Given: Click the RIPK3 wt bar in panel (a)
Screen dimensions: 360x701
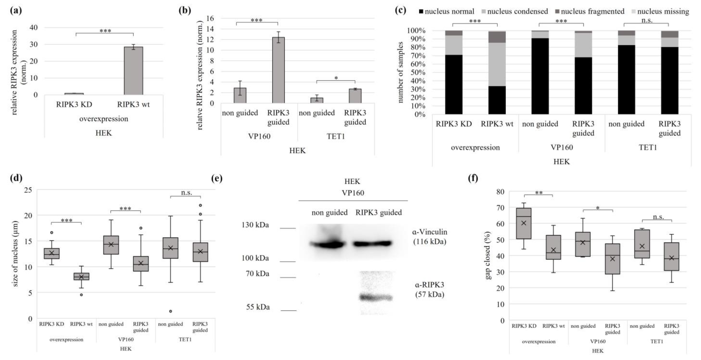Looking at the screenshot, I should tap(133, 71).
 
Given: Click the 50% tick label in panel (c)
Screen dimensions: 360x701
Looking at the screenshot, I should tap(416, 72).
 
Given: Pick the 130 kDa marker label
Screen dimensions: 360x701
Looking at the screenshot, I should tap(255, 225).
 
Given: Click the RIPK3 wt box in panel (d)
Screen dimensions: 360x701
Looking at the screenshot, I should tap(81, 276).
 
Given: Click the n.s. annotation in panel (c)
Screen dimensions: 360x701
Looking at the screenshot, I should tap(647, 20).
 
